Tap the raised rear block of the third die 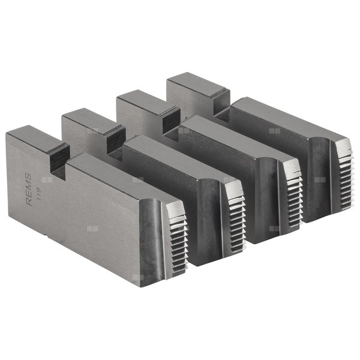pyautogui.click(x=141, y=100)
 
